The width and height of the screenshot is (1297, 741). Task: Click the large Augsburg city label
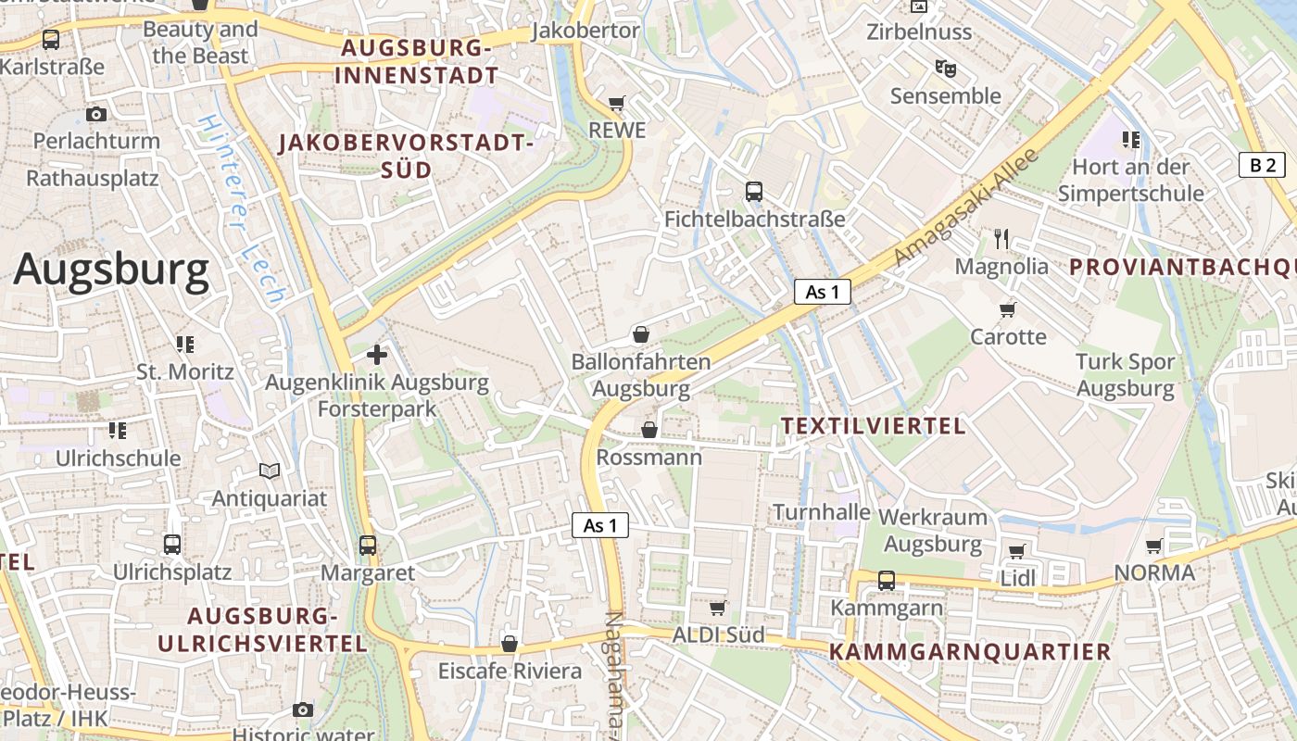[111, 270]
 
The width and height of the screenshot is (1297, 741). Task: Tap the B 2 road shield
[1262, 165]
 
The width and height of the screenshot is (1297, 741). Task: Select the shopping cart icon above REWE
[617, 103]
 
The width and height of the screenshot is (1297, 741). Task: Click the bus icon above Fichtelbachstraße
[754, 192]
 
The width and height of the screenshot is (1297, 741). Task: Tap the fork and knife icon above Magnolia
[1001, 239]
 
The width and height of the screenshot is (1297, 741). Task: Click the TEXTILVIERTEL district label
[873, 425]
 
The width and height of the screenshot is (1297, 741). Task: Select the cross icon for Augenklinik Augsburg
[377, 354]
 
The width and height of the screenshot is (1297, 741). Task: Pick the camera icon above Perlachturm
[96, 114]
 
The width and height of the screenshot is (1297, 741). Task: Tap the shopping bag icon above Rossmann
[649, 430]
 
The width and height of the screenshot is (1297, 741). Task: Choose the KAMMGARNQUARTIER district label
[969, 651]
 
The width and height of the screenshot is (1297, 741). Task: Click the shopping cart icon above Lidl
[1016, 551]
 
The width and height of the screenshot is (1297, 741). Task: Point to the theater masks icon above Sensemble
[945, 68]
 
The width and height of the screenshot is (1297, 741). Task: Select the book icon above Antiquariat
[270, 471]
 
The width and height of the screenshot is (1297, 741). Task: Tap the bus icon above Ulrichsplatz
[172, 545]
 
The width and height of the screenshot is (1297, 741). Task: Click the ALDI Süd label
[718, 634]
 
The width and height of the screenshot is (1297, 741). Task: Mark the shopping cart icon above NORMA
[1153, 546]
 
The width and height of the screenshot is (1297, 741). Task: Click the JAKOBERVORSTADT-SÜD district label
[407, 157]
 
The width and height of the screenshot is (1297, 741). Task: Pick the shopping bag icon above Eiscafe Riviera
[509, 644]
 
